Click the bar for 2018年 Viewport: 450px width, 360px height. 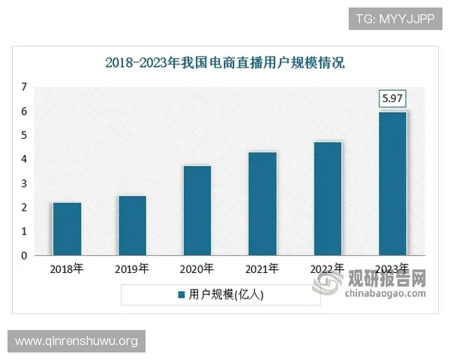(x=67, y=229)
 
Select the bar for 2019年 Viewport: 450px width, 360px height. (x=132, y=225)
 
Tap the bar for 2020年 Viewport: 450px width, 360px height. (x=196, y=210)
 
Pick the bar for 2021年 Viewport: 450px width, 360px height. (x=262, y=203)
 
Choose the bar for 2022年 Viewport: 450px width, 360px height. (x=328, y=198)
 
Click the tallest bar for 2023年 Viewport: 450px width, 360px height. (x=392, y=183)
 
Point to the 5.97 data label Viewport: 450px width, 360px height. (x=392, y=97)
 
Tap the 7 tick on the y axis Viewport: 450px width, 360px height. (x=24, y=87)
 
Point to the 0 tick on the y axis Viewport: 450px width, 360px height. (x=24, y=256)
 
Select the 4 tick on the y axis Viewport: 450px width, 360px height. (x=24, y=159)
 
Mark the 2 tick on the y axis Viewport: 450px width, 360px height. (x=24, y=208)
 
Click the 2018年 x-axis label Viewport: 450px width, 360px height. (x=67, y=268)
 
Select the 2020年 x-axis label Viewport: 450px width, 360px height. (x=196, y=268)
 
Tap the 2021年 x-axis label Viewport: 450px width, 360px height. (x=262, y=268)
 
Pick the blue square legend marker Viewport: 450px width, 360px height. (x=181, y=295)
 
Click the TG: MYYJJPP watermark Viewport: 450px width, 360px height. (x=394, y=18)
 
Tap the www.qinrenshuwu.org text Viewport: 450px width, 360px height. (x=76, y=341)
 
